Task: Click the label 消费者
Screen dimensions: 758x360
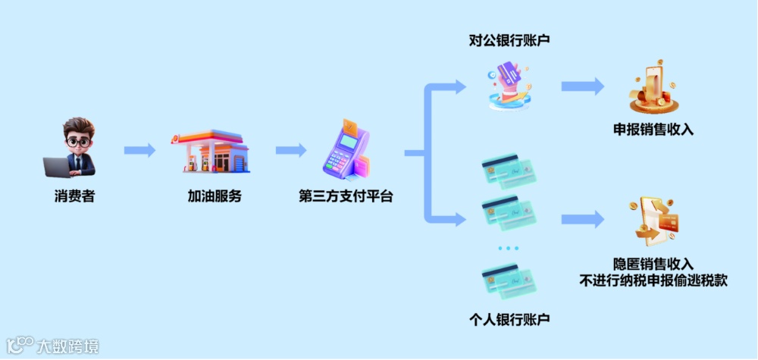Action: point(74,196)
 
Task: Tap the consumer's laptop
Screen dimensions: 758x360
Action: point(58,167)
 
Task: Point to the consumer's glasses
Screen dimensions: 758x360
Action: point(77,140)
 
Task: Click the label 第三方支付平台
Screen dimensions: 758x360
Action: point(346,196)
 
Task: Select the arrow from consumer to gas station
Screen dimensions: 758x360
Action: point(139,150)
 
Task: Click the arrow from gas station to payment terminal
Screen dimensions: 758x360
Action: point(290,150)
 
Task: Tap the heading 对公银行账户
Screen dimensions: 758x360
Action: point(509,40)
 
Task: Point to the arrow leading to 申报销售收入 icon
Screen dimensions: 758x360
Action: point(582,86)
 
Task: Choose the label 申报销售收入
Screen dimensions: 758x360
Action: point(653,130)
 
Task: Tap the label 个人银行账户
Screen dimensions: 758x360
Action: point(509,319)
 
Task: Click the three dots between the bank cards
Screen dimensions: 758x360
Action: point(509,249)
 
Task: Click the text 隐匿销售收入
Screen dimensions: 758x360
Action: point(653,264)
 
